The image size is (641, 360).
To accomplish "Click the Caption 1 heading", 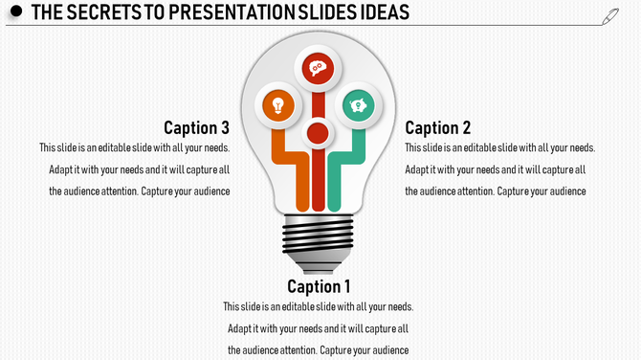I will (320, 286).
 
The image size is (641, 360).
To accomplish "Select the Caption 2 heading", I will (438, 127).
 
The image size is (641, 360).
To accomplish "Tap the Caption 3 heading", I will (196, 127).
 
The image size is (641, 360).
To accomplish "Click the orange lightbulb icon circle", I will (278, 104).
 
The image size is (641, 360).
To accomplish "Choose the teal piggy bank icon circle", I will (359, 103).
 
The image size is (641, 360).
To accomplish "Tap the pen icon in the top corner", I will (611, 15).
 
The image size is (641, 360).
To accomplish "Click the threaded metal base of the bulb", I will (320, 236).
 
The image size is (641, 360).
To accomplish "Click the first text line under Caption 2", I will (499, 148).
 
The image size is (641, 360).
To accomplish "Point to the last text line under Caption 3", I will (140, 191).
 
